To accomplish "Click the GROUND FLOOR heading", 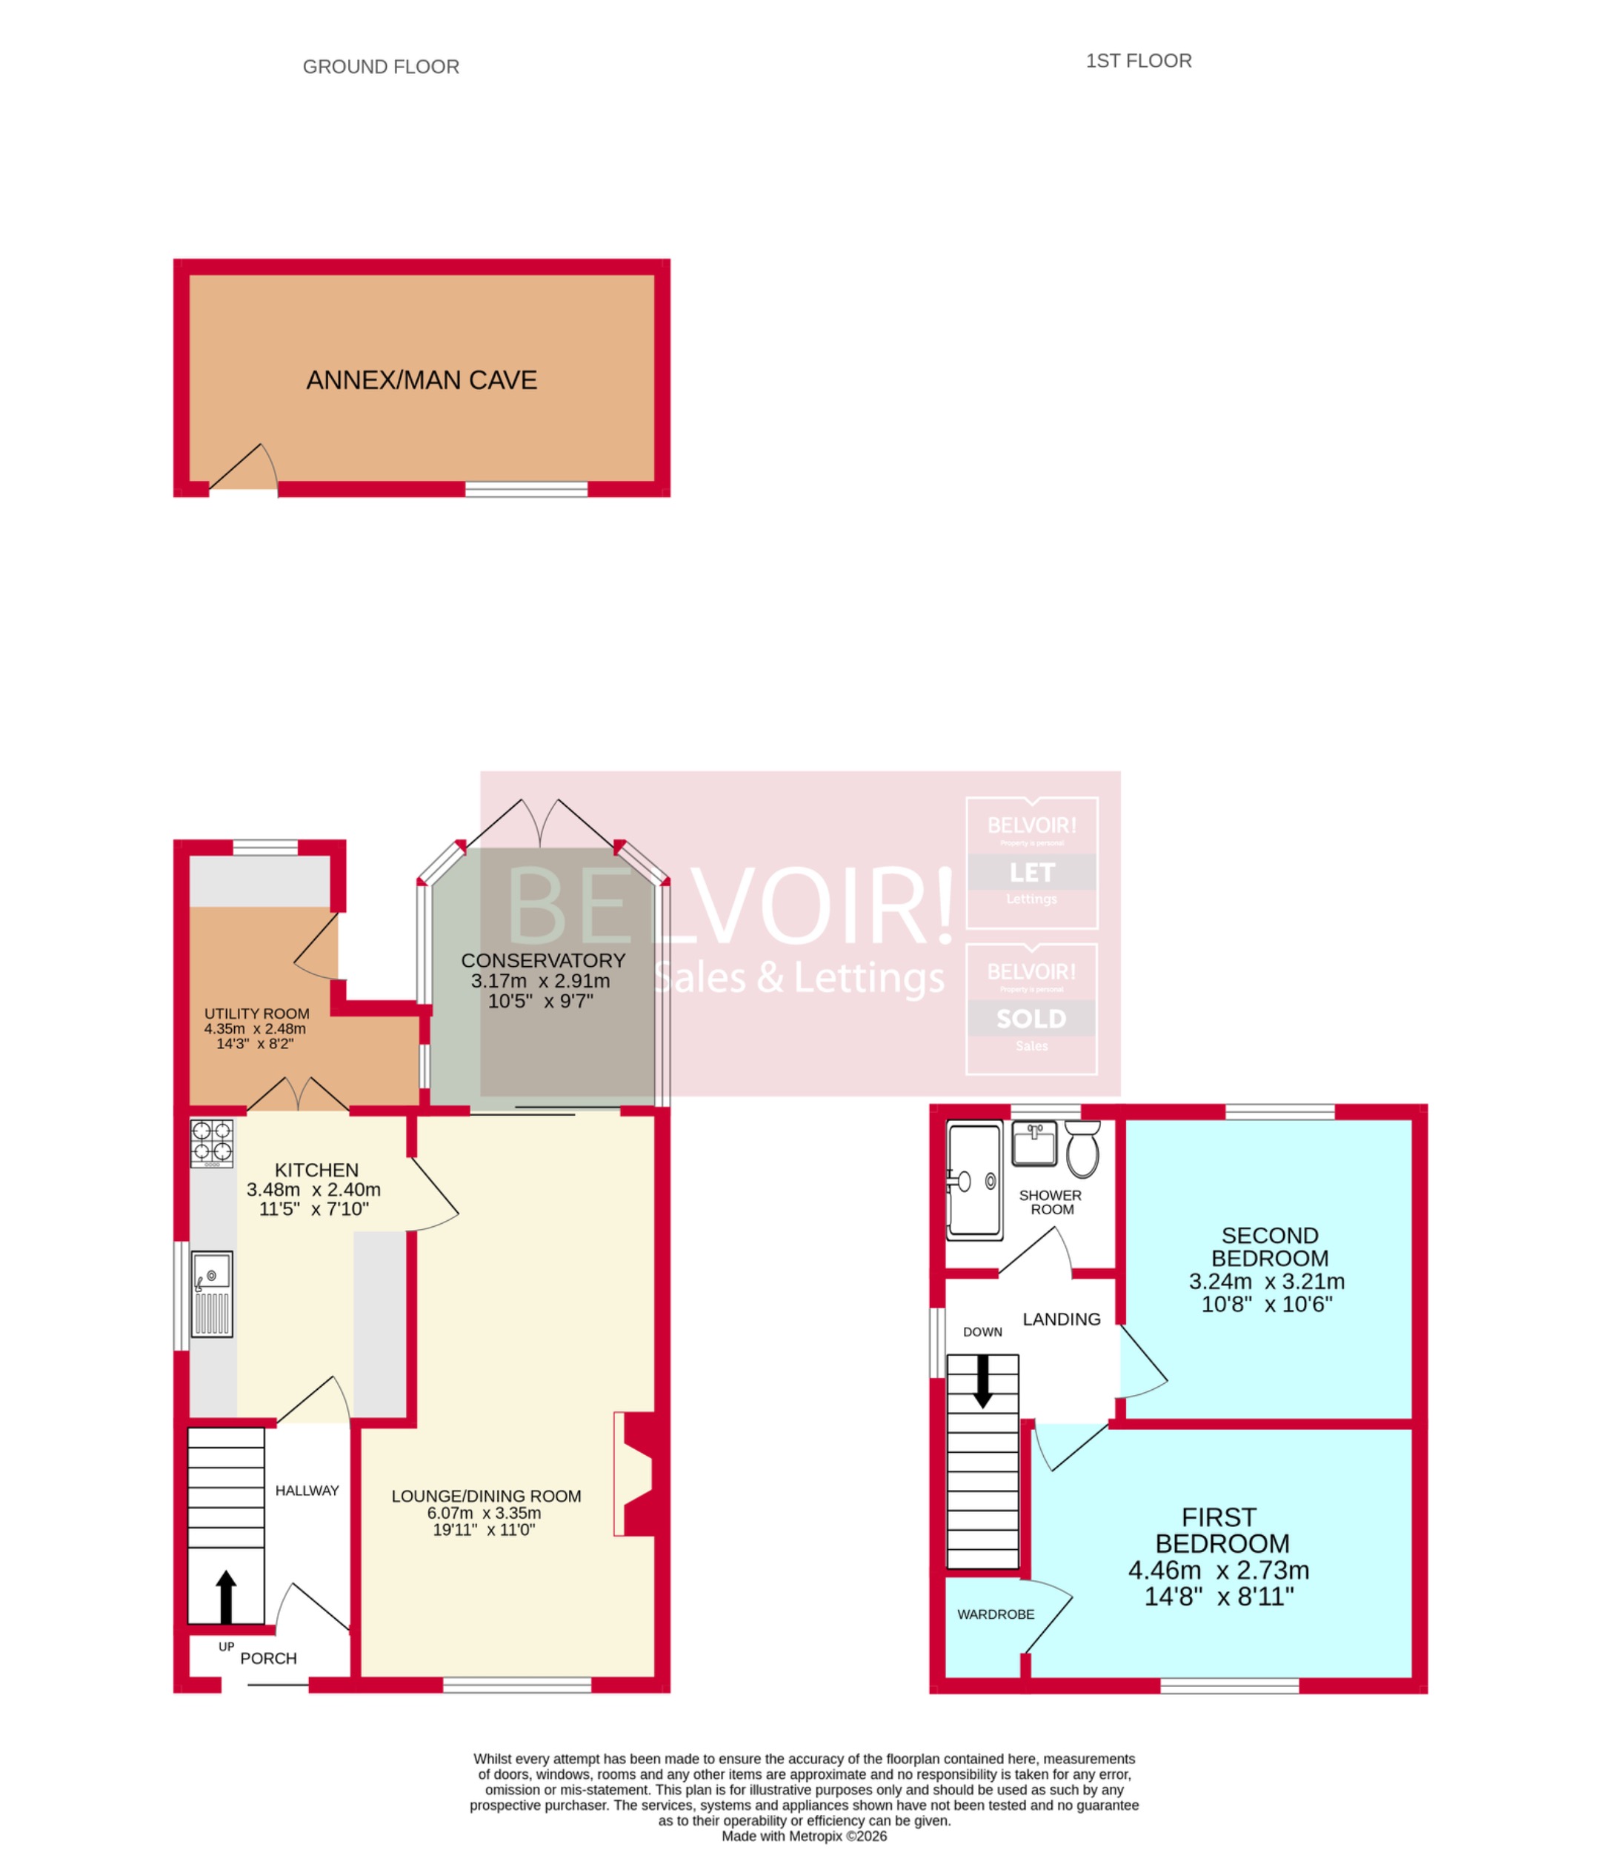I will tap(380, 67).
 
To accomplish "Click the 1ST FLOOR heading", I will tap(1138, 60).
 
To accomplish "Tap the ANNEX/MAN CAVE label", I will tap(422, 380).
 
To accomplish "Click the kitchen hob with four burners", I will tap(212, 1142).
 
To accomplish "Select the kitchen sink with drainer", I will tap(212, 1293).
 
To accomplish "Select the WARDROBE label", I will tap(996, 1614).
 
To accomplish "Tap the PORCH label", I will tap(268, 1658).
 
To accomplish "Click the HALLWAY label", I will tap(307, 1491).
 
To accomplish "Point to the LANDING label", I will tap(1062, 1319).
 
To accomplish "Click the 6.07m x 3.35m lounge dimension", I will tap(485, 1513).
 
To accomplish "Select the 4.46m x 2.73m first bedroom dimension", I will tap(1219, 1570).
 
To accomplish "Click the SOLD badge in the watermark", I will tap(1031, 1019).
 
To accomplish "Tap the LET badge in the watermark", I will tap(1031, 872).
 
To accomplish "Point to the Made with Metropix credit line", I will tap(804, 1835).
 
